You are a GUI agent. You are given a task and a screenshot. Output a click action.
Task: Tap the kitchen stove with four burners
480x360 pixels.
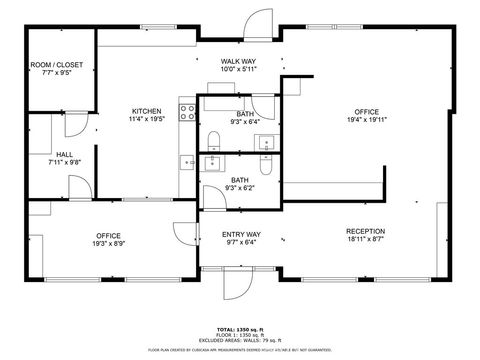186,112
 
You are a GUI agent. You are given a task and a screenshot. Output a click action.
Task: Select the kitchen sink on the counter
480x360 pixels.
186,162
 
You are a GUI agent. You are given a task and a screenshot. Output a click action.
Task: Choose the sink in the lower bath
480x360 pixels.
213,163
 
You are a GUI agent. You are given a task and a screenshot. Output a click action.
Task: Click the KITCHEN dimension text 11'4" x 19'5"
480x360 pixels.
146,119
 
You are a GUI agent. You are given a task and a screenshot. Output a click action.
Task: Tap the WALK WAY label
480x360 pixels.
239,62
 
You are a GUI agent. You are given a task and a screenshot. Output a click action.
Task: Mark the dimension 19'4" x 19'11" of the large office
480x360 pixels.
365,119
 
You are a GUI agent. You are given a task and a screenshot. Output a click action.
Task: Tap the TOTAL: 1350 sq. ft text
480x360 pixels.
240,328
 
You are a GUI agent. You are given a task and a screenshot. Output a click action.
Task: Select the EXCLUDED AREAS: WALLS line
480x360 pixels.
240,340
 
